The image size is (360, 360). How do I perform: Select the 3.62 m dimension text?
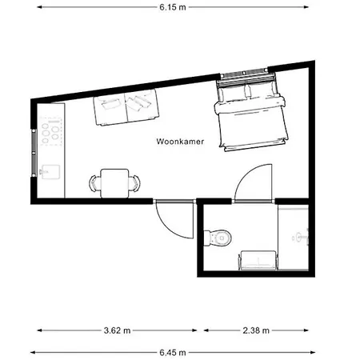pos(116,330)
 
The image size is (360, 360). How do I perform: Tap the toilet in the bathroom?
pos(218,237)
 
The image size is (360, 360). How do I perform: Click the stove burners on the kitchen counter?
pos(54,132)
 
